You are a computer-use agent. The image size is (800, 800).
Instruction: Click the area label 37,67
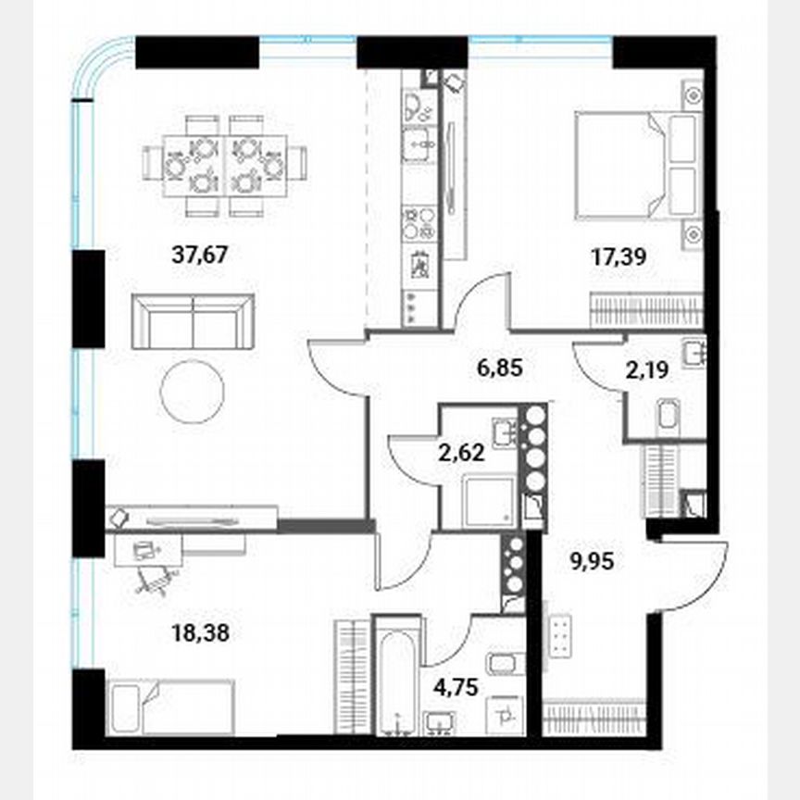[200, 255]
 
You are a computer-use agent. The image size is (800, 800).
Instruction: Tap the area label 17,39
[618, 256]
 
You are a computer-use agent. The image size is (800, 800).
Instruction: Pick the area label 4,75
[459, 687]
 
